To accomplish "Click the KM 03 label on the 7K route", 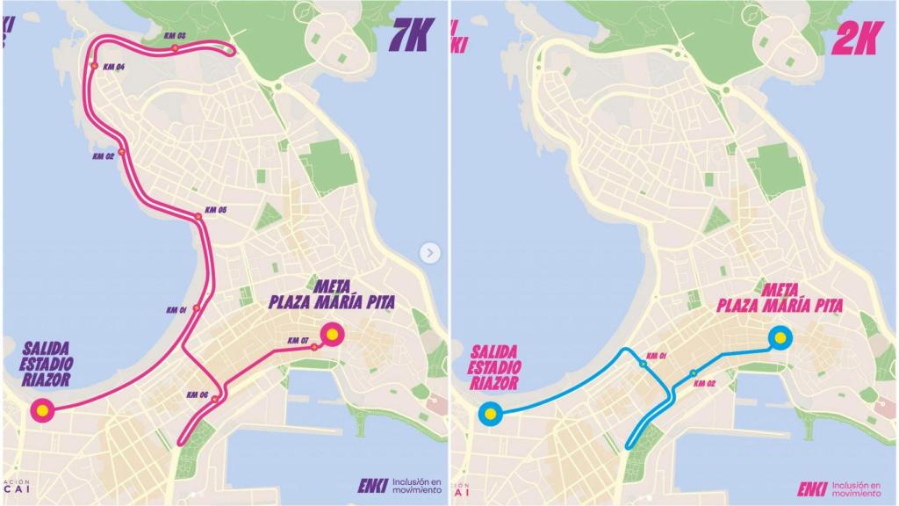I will (x=175, y=35).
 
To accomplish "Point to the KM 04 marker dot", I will (x=94, y=66).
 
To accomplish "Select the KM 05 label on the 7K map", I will (x=216, y=210).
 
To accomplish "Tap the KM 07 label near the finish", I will (x=298, y=341).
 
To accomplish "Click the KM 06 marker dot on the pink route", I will (x=216, y=398).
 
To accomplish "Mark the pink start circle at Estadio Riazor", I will (x=41, y=409).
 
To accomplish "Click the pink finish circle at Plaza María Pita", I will (x=332, y=333).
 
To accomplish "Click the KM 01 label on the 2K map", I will (x=658, y=355).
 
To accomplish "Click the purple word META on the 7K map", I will (x=331, y=286).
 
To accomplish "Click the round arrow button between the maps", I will (x=429, y=253).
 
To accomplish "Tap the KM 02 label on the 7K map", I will (x=103, y=156).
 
